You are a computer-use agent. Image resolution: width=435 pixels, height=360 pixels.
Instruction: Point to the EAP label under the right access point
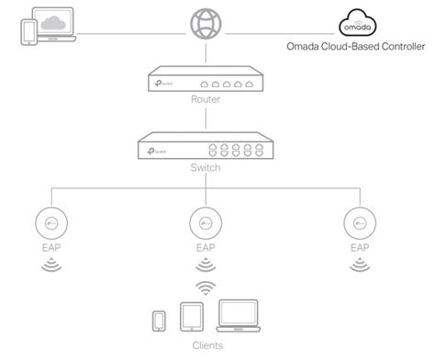point(359,249)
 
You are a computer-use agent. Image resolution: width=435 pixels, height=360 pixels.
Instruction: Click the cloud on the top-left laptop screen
point(50,20)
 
